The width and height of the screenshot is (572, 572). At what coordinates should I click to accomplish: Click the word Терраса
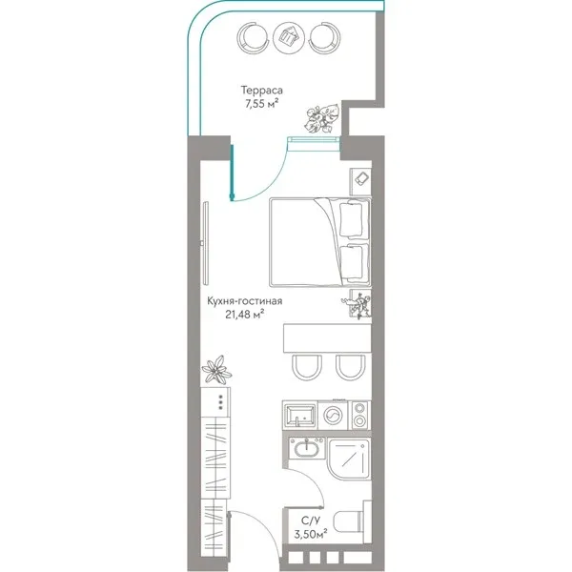click(x=261, y=91)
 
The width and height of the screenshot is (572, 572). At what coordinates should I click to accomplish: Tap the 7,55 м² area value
click(x=261, y=104)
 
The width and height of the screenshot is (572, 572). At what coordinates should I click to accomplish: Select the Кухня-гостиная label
click(x=244, y=301)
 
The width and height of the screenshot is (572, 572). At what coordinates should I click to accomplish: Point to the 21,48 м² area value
click(x=244, y=314)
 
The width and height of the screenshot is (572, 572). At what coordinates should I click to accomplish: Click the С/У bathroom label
click(x=309, y=521)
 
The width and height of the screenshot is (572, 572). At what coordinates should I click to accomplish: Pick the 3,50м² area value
click(x=311, y=534)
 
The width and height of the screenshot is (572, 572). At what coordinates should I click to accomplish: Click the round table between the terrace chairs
click(x=288, y=36)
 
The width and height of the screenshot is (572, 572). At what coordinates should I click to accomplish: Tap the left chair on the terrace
click(x=252, y=36)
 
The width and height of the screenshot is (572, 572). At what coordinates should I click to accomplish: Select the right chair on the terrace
click(x=324, y=36)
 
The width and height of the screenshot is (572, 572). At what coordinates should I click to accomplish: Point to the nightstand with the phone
click(x=360, y=182)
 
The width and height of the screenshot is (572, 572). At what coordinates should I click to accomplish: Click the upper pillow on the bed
click(x=351, y=219)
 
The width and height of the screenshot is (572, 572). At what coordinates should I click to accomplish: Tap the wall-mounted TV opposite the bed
click(x=205, y=243)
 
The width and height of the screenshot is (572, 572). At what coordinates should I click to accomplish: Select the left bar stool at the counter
click(x=307, y=366)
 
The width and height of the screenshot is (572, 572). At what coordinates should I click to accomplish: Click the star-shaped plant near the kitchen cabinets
click(x=216, y=369)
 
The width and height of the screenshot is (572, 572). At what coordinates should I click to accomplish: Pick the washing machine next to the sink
click(x=333, y=415)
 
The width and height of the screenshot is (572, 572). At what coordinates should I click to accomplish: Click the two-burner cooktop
click(x=360, y=415)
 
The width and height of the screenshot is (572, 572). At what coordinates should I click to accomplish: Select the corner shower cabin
click(x=350, y=460)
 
